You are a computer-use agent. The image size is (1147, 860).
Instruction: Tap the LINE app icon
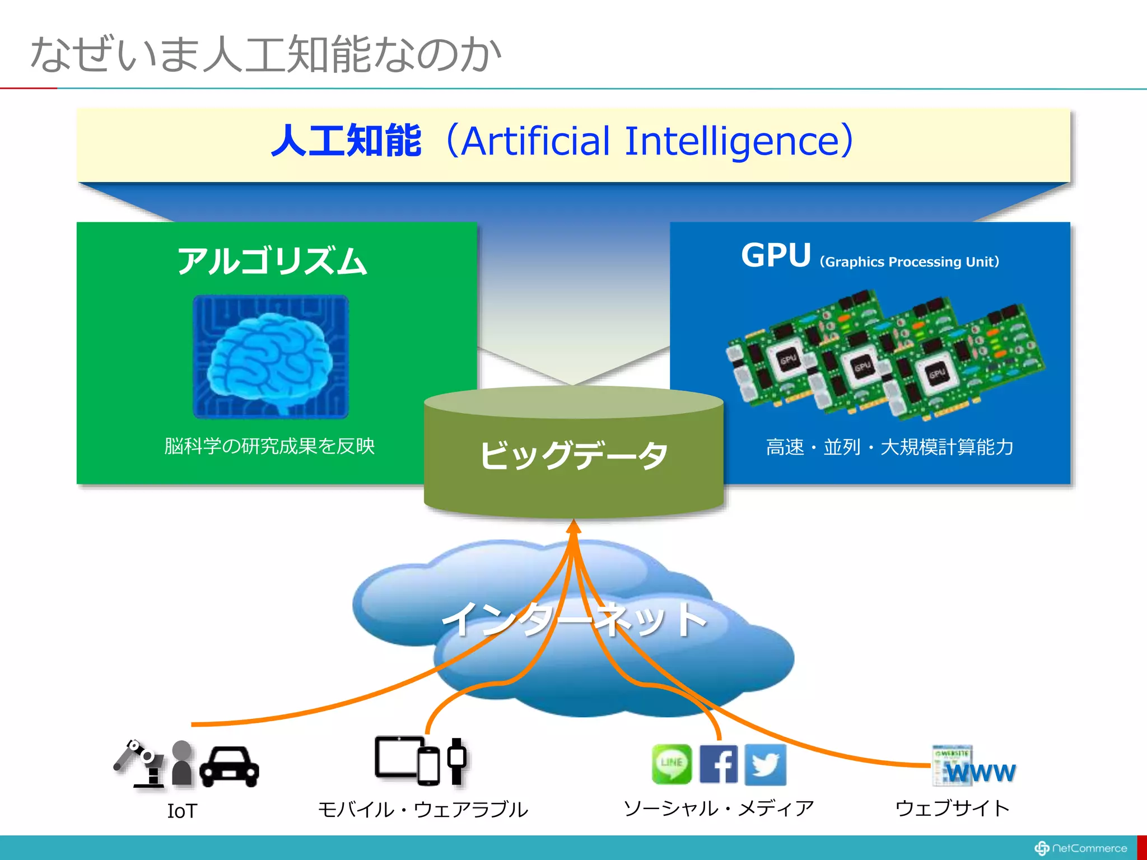tap(672, 764)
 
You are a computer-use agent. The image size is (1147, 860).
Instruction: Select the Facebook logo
tap(719, 764)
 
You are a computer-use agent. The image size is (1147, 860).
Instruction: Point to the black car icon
tap(230, 766)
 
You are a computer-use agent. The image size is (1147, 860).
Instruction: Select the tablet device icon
tap(398, 757)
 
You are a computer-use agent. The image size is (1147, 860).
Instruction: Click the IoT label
tap(182, 811)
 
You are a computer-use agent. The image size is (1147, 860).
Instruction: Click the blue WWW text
tap(981, 773)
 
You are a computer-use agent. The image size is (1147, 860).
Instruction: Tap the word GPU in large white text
tap(776, 256)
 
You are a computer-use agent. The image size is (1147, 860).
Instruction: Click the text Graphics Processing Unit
tap(909, 262)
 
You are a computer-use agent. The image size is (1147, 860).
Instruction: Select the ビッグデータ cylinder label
tap(573, 455)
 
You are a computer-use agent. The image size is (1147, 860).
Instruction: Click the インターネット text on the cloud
tap(573, 619)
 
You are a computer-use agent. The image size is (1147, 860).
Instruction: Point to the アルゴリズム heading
tap(272, 261)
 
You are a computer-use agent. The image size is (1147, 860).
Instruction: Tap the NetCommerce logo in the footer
tap(1081, 848)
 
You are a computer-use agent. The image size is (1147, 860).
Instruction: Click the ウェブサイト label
tap(952, 808)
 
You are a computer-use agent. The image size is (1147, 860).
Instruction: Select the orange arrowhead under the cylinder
tap(573, 527)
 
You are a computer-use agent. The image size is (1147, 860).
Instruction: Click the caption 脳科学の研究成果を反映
tap(269, 446)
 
